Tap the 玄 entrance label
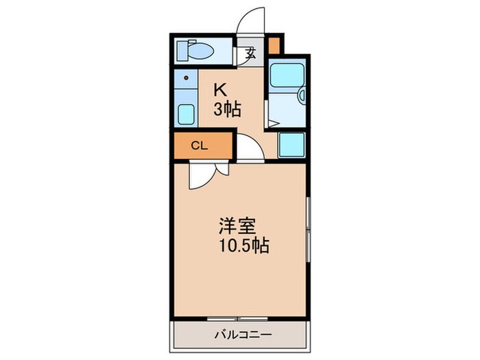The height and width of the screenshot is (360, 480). point(251,53)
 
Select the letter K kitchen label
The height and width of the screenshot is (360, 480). point(219,90)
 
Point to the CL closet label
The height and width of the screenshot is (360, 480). point(199,145)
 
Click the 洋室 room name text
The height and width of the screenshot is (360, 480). point(238,226)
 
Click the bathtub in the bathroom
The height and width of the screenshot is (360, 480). point(283,76)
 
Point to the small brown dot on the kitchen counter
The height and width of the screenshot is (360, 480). point(185,78)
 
